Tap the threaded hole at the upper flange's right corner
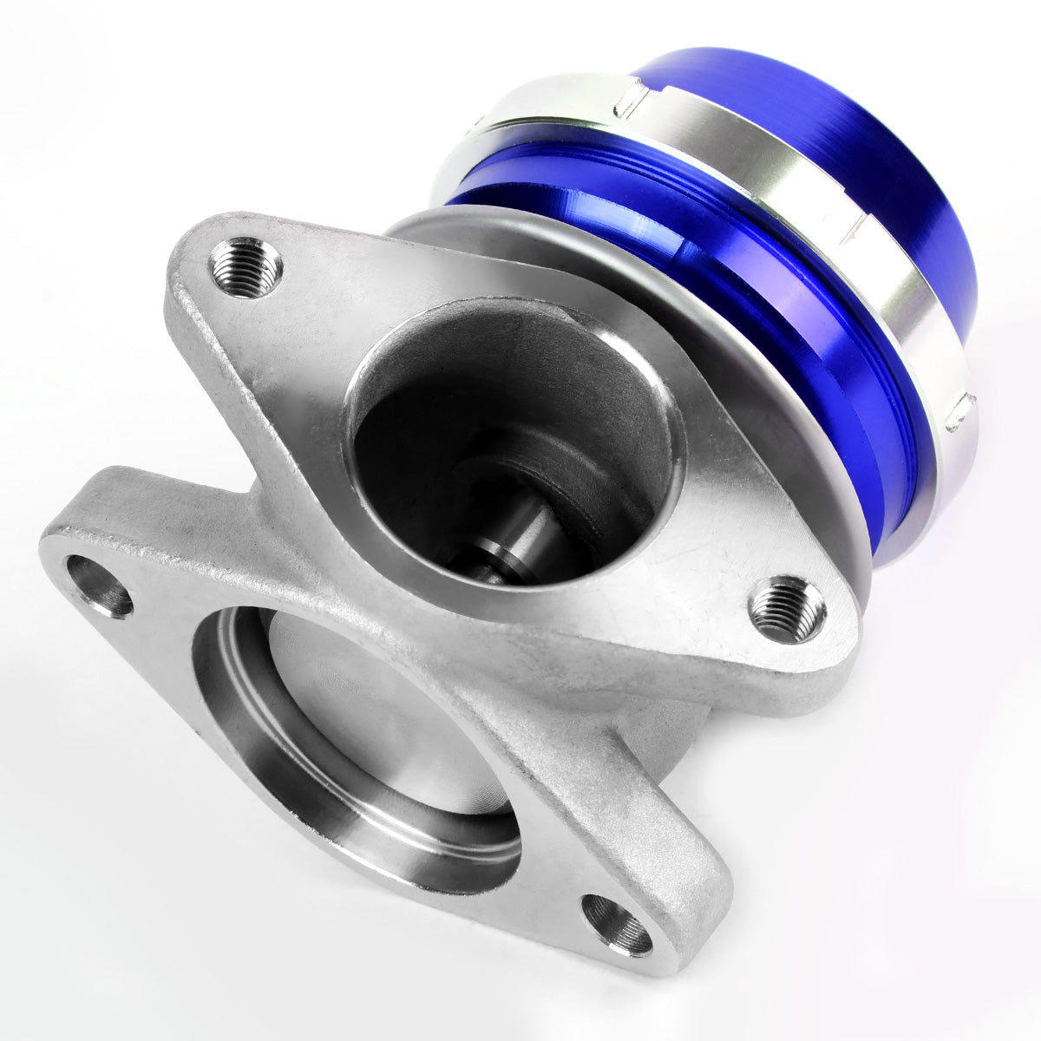(787, 609)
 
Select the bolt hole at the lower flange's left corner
(99, 586)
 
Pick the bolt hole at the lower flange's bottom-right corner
(616, 925)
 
